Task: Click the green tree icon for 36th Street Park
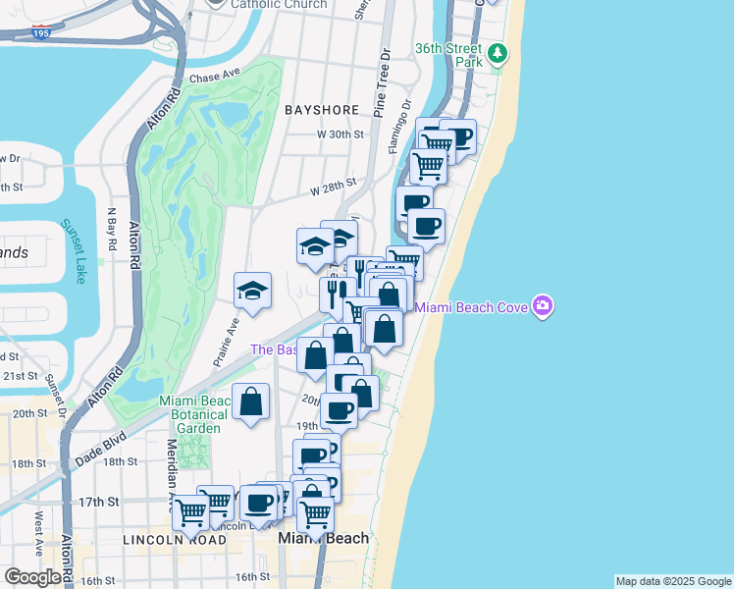(498, 52)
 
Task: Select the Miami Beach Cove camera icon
(543, 306)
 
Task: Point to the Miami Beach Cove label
(472, 307)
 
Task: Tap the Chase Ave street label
(215, 76)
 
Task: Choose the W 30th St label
(340, 134)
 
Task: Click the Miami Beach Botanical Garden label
(195, 413)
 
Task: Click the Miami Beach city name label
(324, 538)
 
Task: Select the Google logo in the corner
(32, 577)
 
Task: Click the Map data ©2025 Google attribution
(673, 581)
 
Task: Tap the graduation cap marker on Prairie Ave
(252, 291)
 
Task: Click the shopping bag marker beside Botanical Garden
(251, 402)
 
